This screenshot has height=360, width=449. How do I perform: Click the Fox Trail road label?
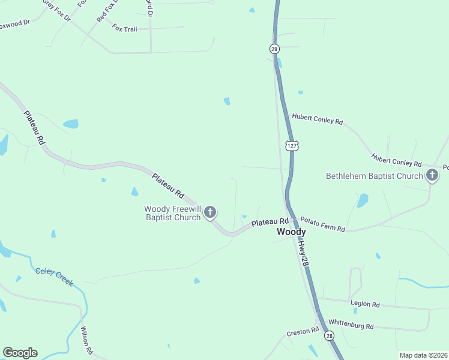coord(124,29)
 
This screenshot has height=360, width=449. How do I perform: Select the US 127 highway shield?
coord(292,146)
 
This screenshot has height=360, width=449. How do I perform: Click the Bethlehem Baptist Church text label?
coord(375,176)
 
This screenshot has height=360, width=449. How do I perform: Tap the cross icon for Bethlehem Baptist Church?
coord(432,175)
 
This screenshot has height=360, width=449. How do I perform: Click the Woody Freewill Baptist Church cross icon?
coord(210,212)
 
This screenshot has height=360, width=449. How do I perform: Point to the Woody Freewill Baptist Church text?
coord(172,213)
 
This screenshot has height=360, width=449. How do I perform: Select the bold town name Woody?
coord(291,232)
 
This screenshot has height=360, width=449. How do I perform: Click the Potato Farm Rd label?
coord(323,224)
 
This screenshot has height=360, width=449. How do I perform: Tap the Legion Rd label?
coord(367,305)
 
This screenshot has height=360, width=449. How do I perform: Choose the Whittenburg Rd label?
coord(351,326)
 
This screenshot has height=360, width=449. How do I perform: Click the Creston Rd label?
coord(303,331)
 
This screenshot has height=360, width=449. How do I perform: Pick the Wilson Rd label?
coord(87,339)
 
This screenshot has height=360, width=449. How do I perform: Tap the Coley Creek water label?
coord(54,276)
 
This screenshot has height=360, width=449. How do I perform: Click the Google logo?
coord(20,352)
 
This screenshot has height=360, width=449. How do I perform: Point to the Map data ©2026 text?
coord(423,355)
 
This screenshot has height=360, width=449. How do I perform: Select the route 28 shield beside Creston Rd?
coord(329,336)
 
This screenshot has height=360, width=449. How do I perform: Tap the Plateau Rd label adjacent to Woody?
coord(270,223)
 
